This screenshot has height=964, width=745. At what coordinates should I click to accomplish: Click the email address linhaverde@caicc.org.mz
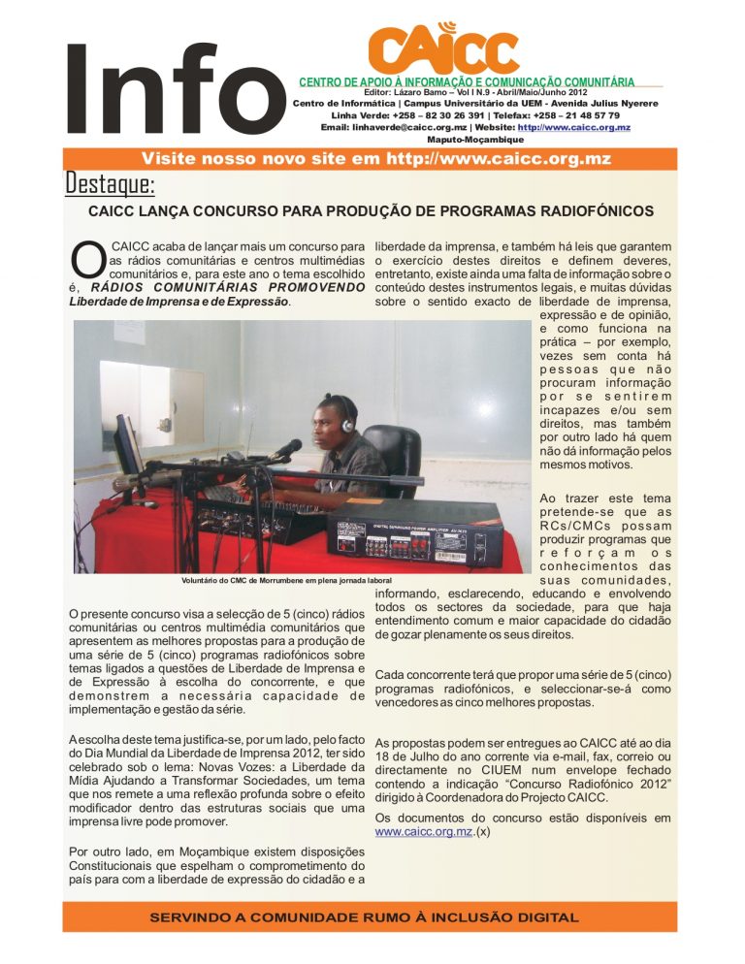point(408,127)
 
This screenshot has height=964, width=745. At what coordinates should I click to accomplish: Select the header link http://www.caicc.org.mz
point(574,127)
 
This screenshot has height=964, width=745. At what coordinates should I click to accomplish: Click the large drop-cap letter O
point(87,257)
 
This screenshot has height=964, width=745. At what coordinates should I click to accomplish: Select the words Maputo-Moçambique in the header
point(476,140)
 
